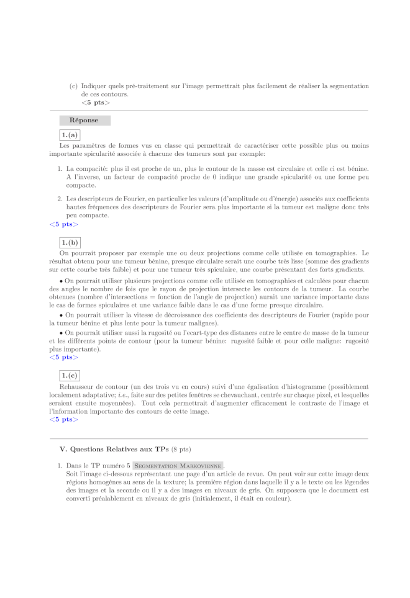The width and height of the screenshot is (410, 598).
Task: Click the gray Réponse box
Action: point(84,120)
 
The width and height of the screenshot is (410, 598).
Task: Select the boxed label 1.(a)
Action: point(70,135)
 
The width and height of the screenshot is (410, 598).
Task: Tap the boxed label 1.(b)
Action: point(70,242)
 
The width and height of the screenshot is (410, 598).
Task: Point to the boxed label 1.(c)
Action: point(70,375)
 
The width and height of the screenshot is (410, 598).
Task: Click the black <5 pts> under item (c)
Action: point(96,102)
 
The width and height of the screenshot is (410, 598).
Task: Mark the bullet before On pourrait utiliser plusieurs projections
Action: point(61,281)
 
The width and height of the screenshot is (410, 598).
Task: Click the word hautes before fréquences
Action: point(76,207)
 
